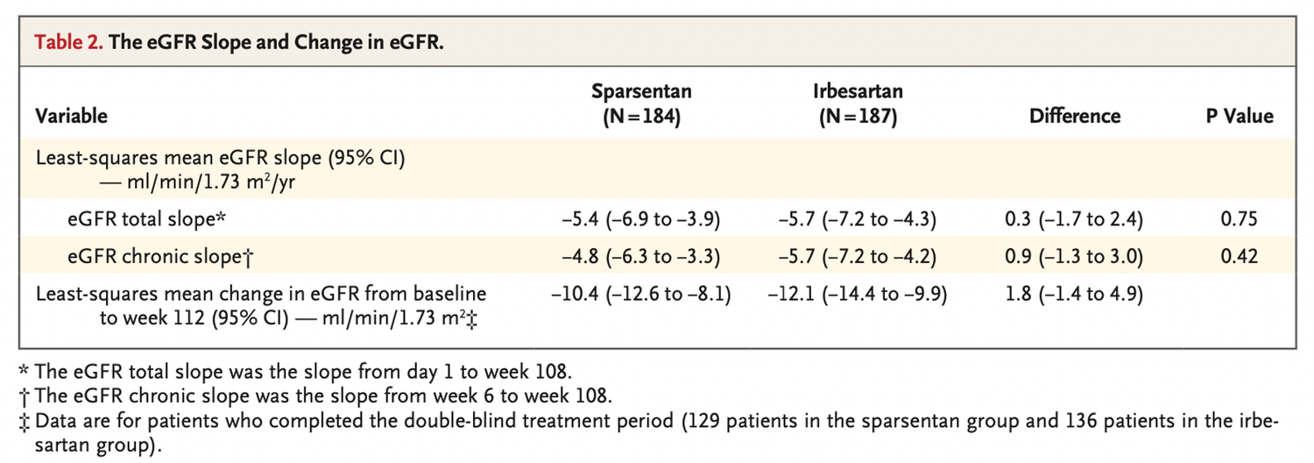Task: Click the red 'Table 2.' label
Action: (x=67, y=43)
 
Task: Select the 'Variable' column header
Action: (x=71, y=116)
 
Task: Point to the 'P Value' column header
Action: (x=1240, y=116)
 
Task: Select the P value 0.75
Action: (x=1240, y=218)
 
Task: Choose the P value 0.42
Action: (x=1240, y=256)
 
